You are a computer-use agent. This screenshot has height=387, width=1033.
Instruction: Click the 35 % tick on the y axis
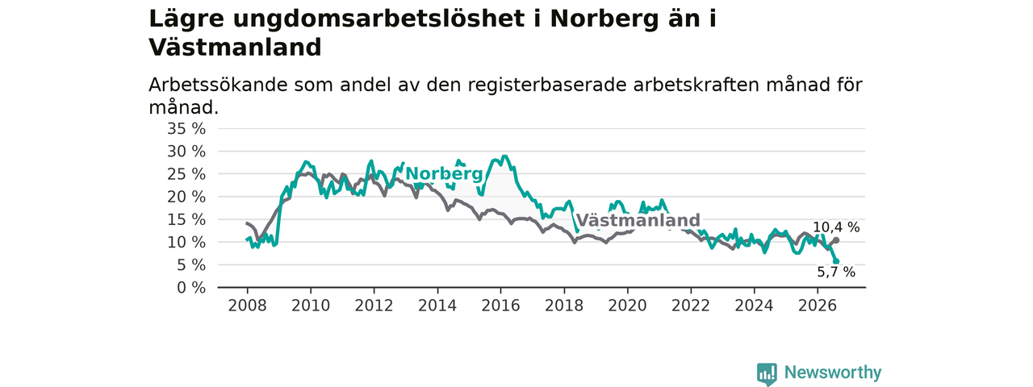pyautogui.click(x=186, y=129)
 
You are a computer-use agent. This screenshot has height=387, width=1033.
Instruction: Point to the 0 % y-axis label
pyautogui.click(x=191, y=288)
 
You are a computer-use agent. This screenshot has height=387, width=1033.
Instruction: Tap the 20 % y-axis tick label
pyautogui.click(x=186, y=198)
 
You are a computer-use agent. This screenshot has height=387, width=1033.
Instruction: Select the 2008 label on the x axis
pyautogui.click(x=247, y=306)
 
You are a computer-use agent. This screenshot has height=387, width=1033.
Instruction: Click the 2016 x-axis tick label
pyautogui.click(x=501, y=306)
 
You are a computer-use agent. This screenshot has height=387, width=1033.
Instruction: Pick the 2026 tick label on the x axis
pyautogui.click(x=818, y=306)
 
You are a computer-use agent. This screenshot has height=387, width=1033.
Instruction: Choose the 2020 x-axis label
pyautogui.click(x=627, y=306)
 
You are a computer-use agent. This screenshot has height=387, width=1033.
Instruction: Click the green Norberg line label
pyautogui.click(x=444, y=173)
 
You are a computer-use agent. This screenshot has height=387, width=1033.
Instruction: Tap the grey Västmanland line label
pyautogui.click(x=638, y=220)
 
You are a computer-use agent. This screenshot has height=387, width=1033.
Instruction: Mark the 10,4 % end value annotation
pyautogui.click(x=836, y=227)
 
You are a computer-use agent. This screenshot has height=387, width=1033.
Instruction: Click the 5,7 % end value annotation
pyautogui.click(x=836, y=273)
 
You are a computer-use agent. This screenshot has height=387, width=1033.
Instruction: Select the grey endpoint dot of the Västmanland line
pyautogui.click(x=836, y=240)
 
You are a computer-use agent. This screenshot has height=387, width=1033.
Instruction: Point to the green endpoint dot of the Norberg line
pyautogui.click(x=836, y=261)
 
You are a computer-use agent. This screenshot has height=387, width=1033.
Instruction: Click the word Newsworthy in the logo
pyautogui.click(x=833, y=372)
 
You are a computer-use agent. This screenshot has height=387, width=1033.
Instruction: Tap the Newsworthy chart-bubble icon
pyautogui.click(x=767, y=373)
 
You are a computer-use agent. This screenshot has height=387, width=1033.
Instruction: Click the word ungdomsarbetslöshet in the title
pyautogui.click(x=379, y=19)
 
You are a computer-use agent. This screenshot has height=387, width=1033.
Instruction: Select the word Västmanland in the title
pyautogui.click(x=235, y=48)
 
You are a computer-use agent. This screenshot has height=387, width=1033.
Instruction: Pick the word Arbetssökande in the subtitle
pyautogui.click(x=217, y=85)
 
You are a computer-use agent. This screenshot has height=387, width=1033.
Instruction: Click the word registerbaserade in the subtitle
pyautogui.click(x=547, y=85)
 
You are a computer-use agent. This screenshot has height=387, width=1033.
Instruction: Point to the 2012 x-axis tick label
pyautogui.click(x=374, y=306)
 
